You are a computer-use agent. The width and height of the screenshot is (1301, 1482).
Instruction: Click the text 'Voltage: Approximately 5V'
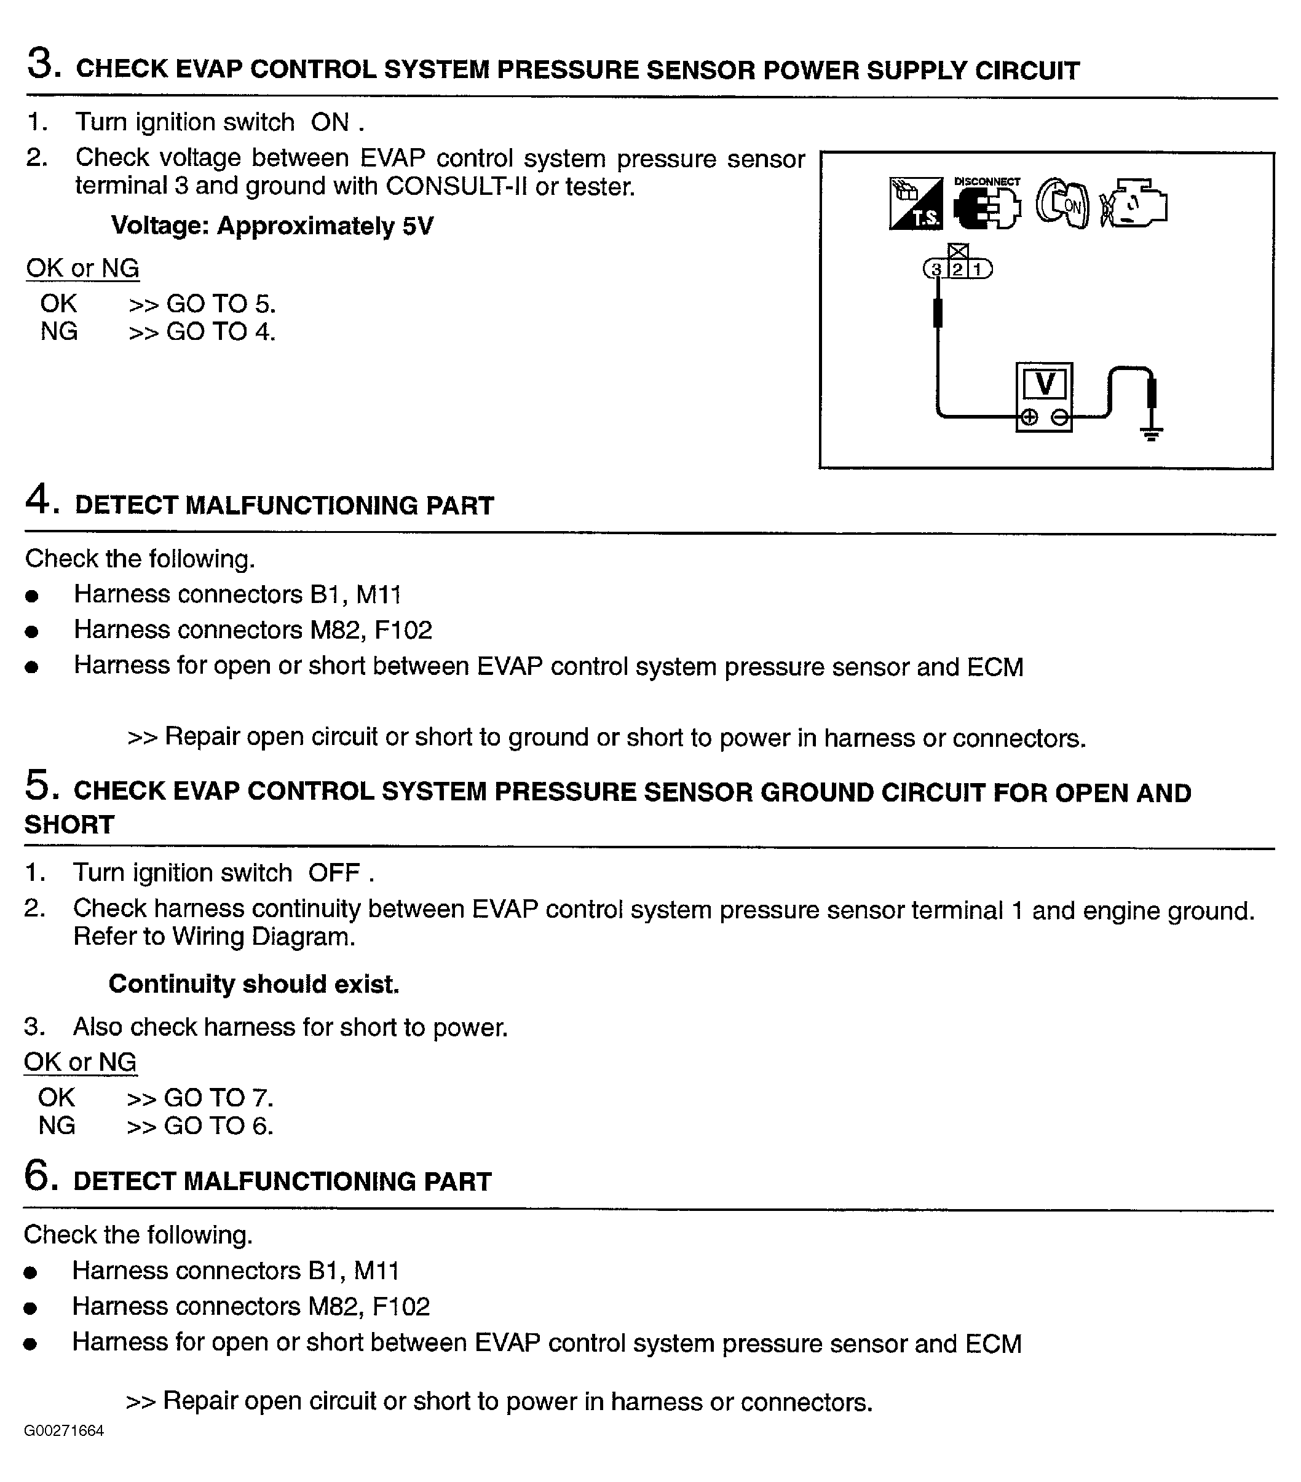pyautogui.click(x=272, y=226)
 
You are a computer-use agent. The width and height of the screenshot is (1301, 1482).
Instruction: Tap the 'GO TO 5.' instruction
pyautogui.click(x=221, y=304)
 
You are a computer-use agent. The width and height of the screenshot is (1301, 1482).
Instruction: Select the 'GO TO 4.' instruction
pyautogui.click(x=221, y=332)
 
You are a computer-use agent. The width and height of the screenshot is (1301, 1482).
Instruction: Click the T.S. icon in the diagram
pyautogui.click(x=916, y=203)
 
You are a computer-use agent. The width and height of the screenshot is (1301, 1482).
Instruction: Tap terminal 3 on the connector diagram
pyautogui.click(x=936, y=270)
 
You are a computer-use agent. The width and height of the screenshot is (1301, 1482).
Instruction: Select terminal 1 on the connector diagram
pyautogui.click(x=978, y=270)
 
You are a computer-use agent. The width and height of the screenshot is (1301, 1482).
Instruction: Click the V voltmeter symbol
pyautogui.click(x=1044, y=384)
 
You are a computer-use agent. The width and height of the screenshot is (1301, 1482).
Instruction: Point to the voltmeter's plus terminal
pyautogui.click(x=1029, y=417)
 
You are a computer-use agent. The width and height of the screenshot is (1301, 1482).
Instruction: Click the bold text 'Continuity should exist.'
pyautogui.click(x=254, y=984)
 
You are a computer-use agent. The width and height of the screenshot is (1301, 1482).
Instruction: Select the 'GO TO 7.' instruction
pyautogui.click(x=218, y=1098)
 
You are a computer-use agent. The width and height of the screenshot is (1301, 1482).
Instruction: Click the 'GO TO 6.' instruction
pyautogui.click(x=218, y=1126)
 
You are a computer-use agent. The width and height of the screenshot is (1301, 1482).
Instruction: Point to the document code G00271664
pyautogui.click(x=64, y=1430)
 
